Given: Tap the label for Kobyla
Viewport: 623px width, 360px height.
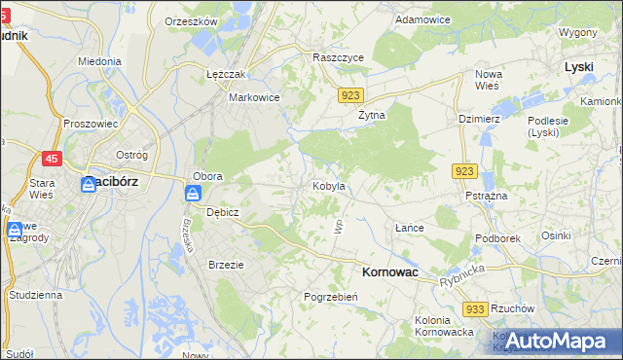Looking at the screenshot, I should [328, 185].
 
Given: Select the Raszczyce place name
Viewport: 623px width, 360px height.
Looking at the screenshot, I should [338, 57].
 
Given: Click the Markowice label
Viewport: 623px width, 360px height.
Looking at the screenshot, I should [254, 97].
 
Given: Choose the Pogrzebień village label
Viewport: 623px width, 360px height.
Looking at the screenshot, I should [333, 296].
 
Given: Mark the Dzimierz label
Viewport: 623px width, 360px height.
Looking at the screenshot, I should [479, 119].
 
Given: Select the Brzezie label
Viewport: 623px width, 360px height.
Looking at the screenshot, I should [226, 264].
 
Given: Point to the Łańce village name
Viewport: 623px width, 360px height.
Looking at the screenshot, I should [410, 228].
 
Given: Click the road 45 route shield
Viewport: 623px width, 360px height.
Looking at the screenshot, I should [53, 159].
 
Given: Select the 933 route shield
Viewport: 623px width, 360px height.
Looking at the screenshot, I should [475, 308].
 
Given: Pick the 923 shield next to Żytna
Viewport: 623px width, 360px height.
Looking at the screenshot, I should [352, 95].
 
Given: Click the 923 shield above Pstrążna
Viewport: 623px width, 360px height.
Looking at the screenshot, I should [464, 171].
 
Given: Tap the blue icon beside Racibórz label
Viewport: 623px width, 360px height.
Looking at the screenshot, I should [88, 183].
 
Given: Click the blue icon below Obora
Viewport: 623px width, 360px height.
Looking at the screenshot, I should [192, 194].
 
